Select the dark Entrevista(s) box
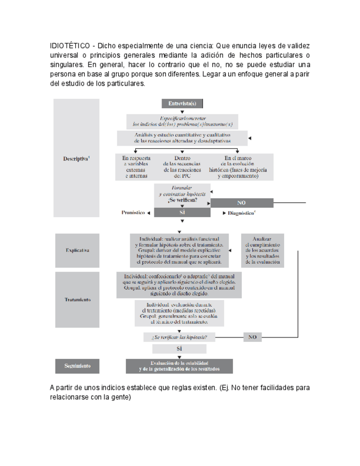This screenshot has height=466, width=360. pos(182,104)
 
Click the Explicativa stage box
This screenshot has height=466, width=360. pos(77,249)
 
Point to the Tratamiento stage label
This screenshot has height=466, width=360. pos(76,300)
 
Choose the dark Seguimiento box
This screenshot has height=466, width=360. pos(77,365)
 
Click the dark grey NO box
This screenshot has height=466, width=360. pos(241,203)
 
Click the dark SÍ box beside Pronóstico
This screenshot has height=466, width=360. pos(181,212)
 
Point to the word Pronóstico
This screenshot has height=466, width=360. pos(133,212)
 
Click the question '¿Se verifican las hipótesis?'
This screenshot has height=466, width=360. pos(179,337)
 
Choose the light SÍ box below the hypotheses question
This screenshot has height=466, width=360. pos(179,349)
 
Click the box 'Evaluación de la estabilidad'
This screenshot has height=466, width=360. pos(179,366)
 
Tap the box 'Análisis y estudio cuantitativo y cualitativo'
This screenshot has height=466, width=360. pos(182,137)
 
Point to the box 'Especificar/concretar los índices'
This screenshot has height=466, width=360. pos(182,121)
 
